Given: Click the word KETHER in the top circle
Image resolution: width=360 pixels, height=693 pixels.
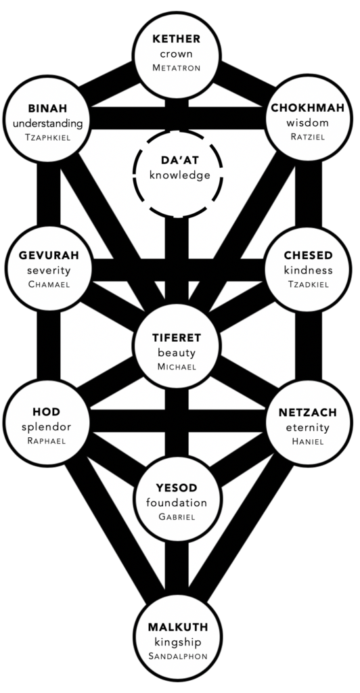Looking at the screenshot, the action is pyautogui.click(x=177, y=39).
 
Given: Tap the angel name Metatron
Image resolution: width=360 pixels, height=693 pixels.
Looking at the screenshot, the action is pyautogui.click(x=177, y=68).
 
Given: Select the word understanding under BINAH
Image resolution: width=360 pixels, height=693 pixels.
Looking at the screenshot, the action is pyautogui.click(x=47, y=124).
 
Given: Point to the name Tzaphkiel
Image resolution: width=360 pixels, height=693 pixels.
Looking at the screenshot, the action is pyautogui.click(x=47, y=138).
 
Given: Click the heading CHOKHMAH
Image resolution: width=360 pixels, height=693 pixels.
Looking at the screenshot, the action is pyautogui.click(x=309, y=108).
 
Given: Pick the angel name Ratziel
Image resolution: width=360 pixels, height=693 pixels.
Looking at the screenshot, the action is pyautogui.click(x=308, y=137).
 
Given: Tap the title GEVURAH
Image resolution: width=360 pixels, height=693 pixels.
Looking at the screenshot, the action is pyautogui.click(x=49, y=255).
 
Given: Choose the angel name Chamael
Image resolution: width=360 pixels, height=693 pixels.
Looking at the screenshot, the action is pyautogui.click(x=49, y=284).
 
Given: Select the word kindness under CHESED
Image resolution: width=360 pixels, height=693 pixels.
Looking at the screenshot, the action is pyautogui.click(x=308, y=269).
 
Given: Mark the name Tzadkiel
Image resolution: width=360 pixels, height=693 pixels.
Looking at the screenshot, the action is pyautogui.click(x=308, y=285).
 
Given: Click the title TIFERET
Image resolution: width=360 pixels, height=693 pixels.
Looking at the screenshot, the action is pyautogui.click(x=177, y=338).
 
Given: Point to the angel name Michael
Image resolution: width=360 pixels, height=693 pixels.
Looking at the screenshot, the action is pyautogui.click(x=177, y=367).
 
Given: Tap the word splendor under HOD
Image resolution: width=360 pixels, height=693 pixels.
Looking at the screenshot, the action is pyautogui.click(x=47, y=428).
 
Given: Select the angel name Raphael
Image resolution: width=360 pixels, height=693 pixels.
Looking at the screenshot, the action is pyautogui.click(x=47, y=441).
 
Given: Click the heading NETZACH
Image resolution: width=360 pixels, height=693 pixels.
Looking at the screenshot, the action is pyautogui.click(x=308, y=413).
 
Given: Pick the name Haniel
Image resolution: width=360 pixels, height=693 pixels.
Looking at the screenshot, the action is pyautogui.click(x=308, y=441).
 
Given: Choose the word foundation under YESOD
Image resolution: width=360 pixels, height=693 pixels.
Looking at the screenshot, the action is pyautogui.click(x=177, y=503).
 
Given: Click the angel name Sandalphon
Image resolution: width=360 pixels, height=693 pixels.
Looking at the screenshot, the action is pyautogui.click(x=177, y=656).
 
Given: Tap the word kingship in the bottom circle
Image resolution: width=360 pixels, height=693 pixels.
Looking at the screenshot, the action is pyautogui.click(x=177, y=642).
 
